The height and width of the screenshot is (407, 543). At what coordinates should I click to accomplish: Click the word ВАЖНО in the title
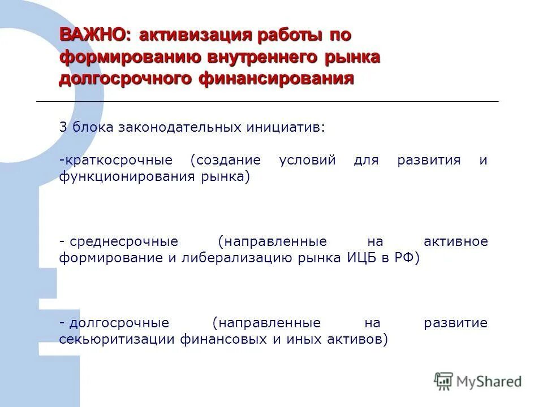[94, 36]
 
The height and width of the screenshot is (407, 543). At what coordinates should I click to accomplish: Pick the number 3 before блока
[63, 127]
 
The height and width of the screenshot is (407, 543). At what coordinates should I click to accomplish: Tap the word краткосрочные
[122, 160]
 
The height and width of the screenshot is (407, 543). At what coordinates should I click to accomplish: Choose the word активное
[455, 242]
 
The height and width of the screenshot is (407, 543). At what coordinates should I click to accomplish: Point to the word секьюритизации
[117, 340]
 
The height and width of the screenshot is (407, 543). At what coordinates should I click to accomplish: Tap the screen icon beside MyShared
[444, 381]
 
